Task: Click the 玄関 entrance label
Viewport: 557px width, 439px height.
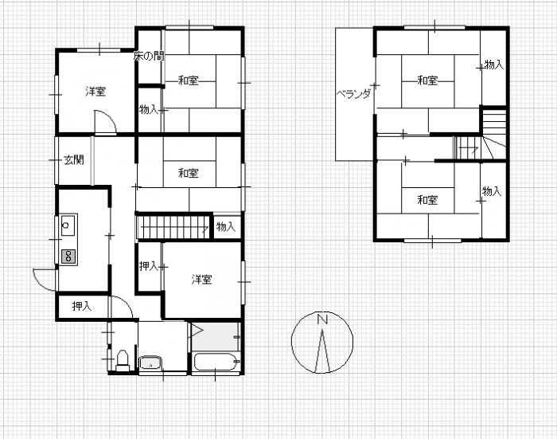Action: (73, 160)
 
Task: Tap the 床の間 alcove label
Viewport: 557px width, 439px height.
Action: (149, 56)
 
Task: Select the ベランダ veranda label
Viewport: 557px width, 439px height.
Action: (353, 94)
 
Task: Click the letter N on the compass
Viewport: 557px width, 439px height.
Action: (322, 319)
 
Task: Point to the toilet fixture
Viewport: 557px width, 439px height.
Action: (123, 360)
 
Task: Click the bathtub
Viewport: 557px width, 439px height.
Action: (216, 362)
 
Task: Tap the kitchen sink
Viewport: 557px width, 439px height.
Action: (68, 225)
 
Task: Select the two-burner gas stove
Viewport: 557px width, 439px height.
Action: (68, 256)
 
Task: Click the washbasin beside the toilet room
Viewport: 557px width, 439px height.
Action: (150, 363)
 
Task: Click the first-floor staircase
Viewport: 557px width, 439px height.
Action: (173, 226)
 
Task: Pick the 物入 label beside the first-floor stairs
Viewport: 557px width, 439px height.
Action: (225, 226)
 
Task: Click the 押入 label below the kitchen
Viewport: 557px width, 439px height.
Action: (82, 306)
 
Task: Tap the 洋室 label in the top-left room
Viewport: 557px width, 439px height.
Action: (95, 92)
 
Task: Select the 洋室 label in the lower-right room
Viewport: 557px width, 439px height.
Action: (202, 280)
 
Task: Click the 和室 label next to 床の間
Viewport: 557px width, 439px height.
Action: (189, 80)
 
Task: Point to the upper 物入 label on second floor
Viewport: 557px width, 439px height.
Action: (494, 65)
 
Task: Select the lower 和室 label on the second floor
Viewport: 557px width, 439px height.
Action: (427, 200)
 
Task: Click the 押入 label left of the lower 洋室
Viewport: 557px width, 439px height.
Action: (149, 266)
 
